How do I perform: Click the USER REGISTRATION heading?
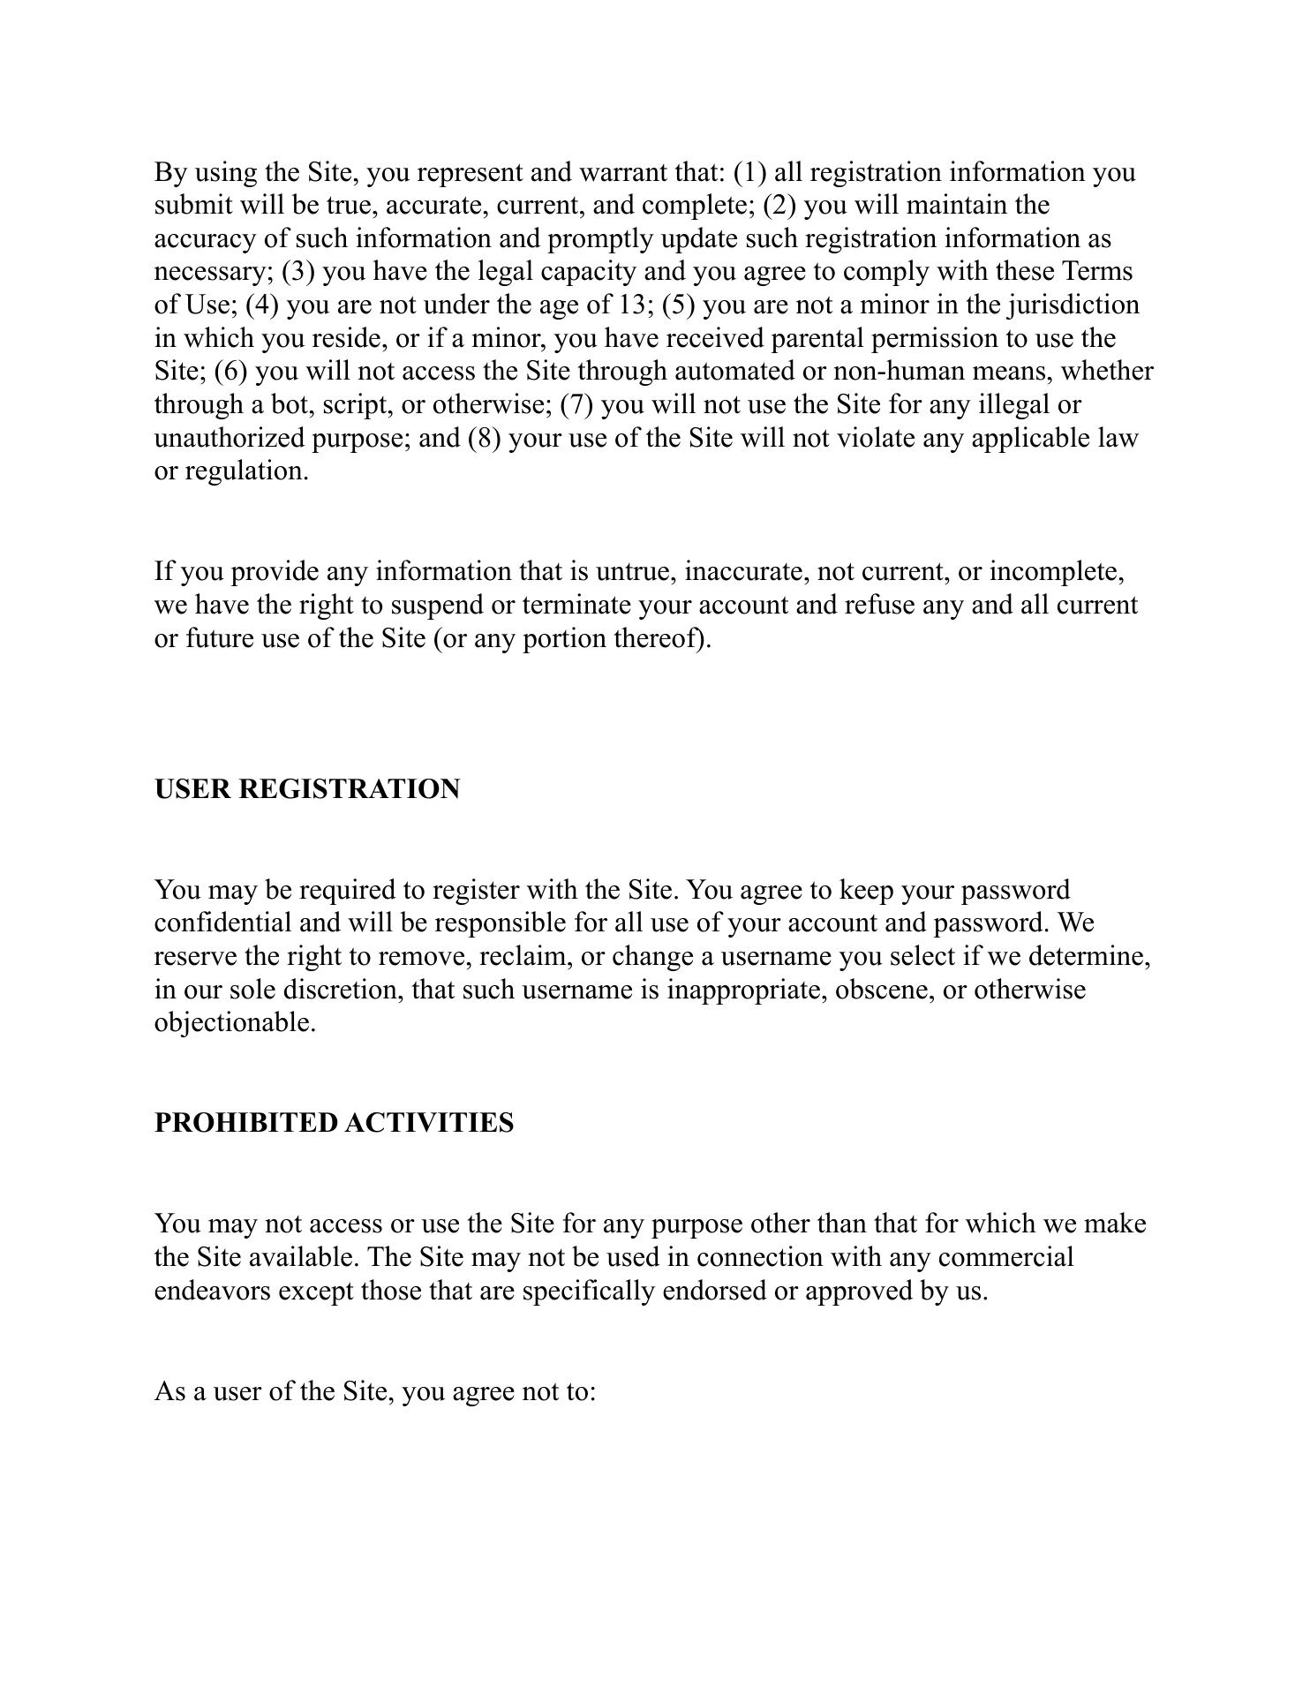point(306,789)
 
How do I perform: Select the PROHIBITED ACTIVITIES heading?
point(334,1123)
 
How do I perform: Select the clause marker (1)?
point(749,172)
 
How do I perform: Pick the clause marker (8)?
point(485,439)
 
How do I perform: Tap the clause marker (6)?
point(230,372)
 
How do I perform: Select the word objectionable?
point(235,1023)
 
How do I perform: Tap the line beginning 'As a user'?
point(375,1392)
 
